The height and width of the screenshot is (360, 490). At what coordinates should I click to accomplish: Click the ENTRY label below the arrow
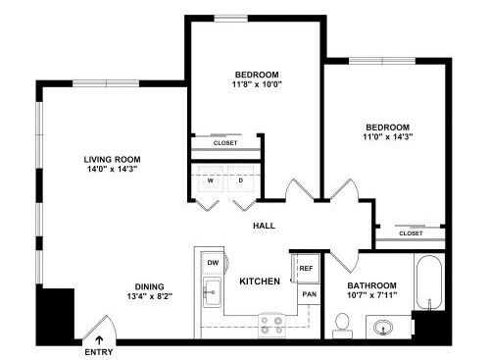(x=99, y=352)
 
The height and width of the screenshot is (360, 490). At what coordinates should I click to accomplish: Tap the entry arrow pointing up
(x=99, y=340)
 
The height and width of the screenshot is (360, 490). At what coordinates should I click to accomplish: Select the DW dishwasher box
(x=213, y=263)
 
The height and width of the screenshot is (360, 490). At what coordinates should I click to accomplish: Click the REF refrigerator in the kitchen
(x=306, y=268)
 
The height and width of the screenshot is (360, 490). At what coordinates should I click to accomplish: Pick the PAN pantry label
(x=309, y=294)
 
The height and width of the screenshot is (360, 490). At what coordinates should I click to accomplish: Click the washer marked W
(x=211, y=180)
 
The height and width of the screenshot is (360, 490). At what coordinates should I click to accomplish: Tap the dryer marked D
(x=241, y=180)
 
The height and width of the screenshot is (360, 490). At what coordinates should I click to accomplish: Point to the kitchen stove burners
(x=271, y=326)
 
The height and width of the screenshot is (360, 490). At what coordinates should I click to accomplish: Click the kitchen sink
(x=212, y=292)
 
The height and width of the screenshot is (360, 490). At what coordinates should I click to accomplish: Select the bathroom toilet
(x=342, y=326)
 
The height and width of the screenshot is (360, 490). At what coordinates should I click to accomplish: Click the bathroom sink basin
(x=383, y=327)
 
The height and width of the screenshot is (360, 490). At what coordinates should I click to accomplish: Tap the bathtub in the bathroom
(x=429, y=283)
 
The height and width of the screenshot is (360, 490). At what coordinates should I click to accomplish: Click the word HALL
(x=264, y=226)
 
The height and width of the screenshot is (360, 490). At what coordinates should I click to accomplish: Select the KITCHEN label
(x=260, y=282)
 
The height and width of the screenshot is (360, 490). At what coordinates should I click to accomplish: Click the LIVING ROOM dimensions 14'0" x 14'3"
(x=112, y=169)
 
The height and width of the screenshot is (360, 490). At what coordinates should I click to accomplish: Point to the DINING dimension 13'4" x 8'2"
(x=150, y=296)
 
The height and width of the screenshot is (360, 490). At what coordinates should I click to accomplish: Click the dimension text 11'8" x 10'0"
(x=257, y=84)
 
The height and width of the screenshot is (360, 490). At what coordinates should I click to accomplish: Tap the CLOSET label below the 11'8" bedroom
(x=225, y=143)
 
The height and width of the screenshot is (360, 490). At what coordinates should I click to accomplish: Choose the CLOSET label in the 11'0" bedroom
(x=411, y=233)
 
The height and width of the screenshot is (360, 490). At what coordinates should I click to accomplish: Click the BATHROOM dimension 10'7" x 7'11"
(x=372, y=295)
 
